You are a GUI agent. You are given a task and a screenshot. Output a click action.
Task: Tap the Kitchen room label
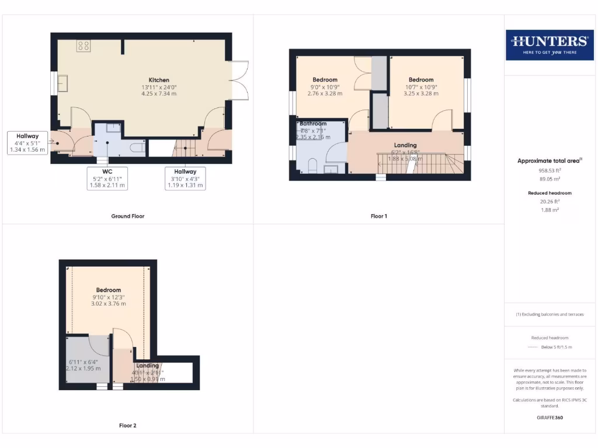[159, 80]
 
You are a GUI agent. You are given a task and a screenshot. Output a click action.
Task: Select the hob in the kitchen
[83, 45]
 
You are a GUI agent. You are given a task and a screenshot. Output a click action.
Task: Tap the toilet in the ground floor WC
[136, 148]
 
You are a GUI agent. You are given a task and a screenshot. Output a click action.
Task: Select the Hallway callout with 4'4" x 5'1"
[27, 143]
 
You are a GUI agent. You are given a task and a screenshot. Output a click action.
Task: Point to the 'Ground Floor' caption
[128, 216]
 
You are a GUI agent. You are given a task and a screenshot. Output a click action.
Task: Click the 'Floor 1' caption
[378, 216]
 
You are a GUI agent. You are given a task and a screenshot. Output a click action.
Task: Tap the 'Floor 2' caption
[127, 426]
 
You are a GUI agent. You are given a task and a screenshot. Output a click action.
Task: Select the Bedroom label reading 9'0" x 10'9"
[325, 80]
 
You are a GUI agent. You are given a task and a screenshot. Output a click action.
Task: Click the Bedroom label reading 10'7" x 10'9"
[421, 80]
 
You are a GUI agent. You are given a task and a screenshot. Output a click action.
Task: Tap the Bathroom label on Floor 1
[314, 124]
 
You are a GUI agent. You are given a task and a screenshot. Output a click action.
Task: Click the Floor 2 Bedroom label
[109, 290]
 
